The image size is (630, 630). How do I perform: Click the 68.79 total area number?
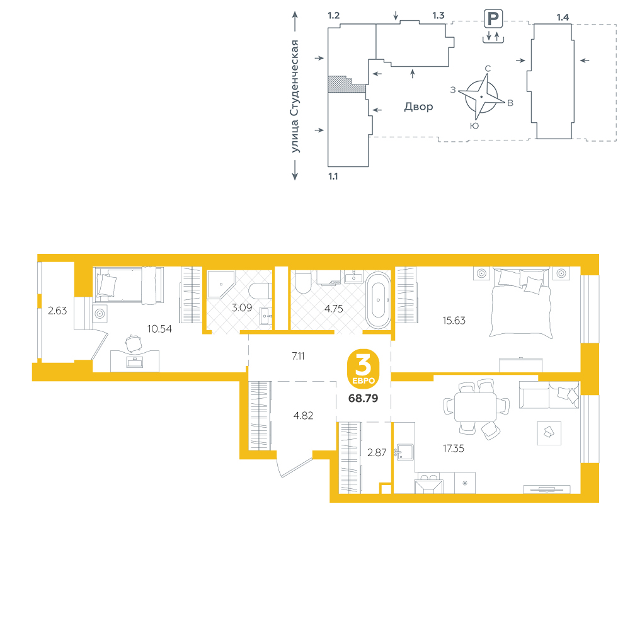pos(364,398)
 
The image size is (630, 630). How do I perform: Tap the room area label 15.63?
pos(454,321)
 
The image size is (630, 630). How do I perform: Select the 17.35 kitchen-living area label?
pos(453,449)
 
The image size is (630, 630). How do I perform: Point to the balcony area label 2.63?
pos(57,311)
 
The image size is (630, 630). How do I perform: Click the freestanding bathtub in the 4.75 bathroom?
pos(378,300)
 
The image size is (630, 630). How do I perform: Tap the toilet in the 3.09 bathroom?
pos(259,291)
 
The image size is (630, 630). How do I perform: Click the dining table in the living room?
pos(475,407)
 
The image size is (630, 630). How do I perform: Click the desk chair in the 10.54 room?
pos(134,343)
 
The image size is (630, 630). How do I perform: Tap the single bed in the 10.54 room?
pos(128,285)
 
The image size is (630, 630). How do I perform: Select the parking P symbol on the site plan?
pos(493,18)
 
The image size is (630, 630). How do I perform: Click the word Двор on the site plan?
pos(419,107)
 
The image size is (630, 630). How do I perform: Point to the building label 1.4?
pos(563,17)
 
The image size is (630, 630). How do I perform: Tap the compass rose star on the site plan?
pos(481,97)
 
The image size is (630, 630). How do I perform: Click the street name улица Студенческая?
pos(295,96)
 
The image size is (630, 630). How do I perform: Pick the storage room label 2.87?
pos(377,453)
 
